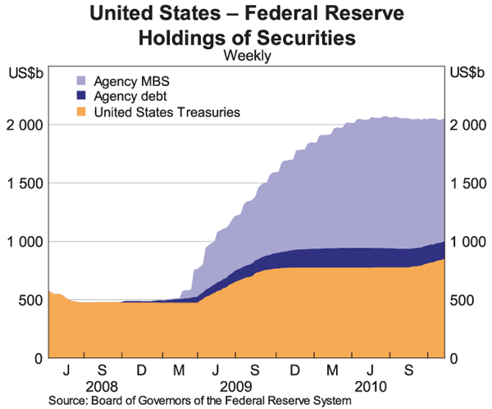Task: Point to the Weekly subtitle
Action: coord(247,56)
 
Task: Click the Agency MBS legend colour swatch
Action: coord(82,82)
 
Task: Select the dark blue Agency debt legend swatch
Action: coord(82,97)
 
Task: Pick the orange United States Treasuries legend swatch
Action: coord(82,111)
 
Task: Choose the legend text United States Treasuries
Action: coord(167,111)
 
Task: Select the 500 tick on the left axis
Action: coord(31,300)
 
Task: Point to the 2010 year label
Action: coord(368,386)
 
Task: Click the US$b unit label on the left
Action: coord(25,71)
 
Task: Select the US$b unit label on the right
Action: coord(466,71)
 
